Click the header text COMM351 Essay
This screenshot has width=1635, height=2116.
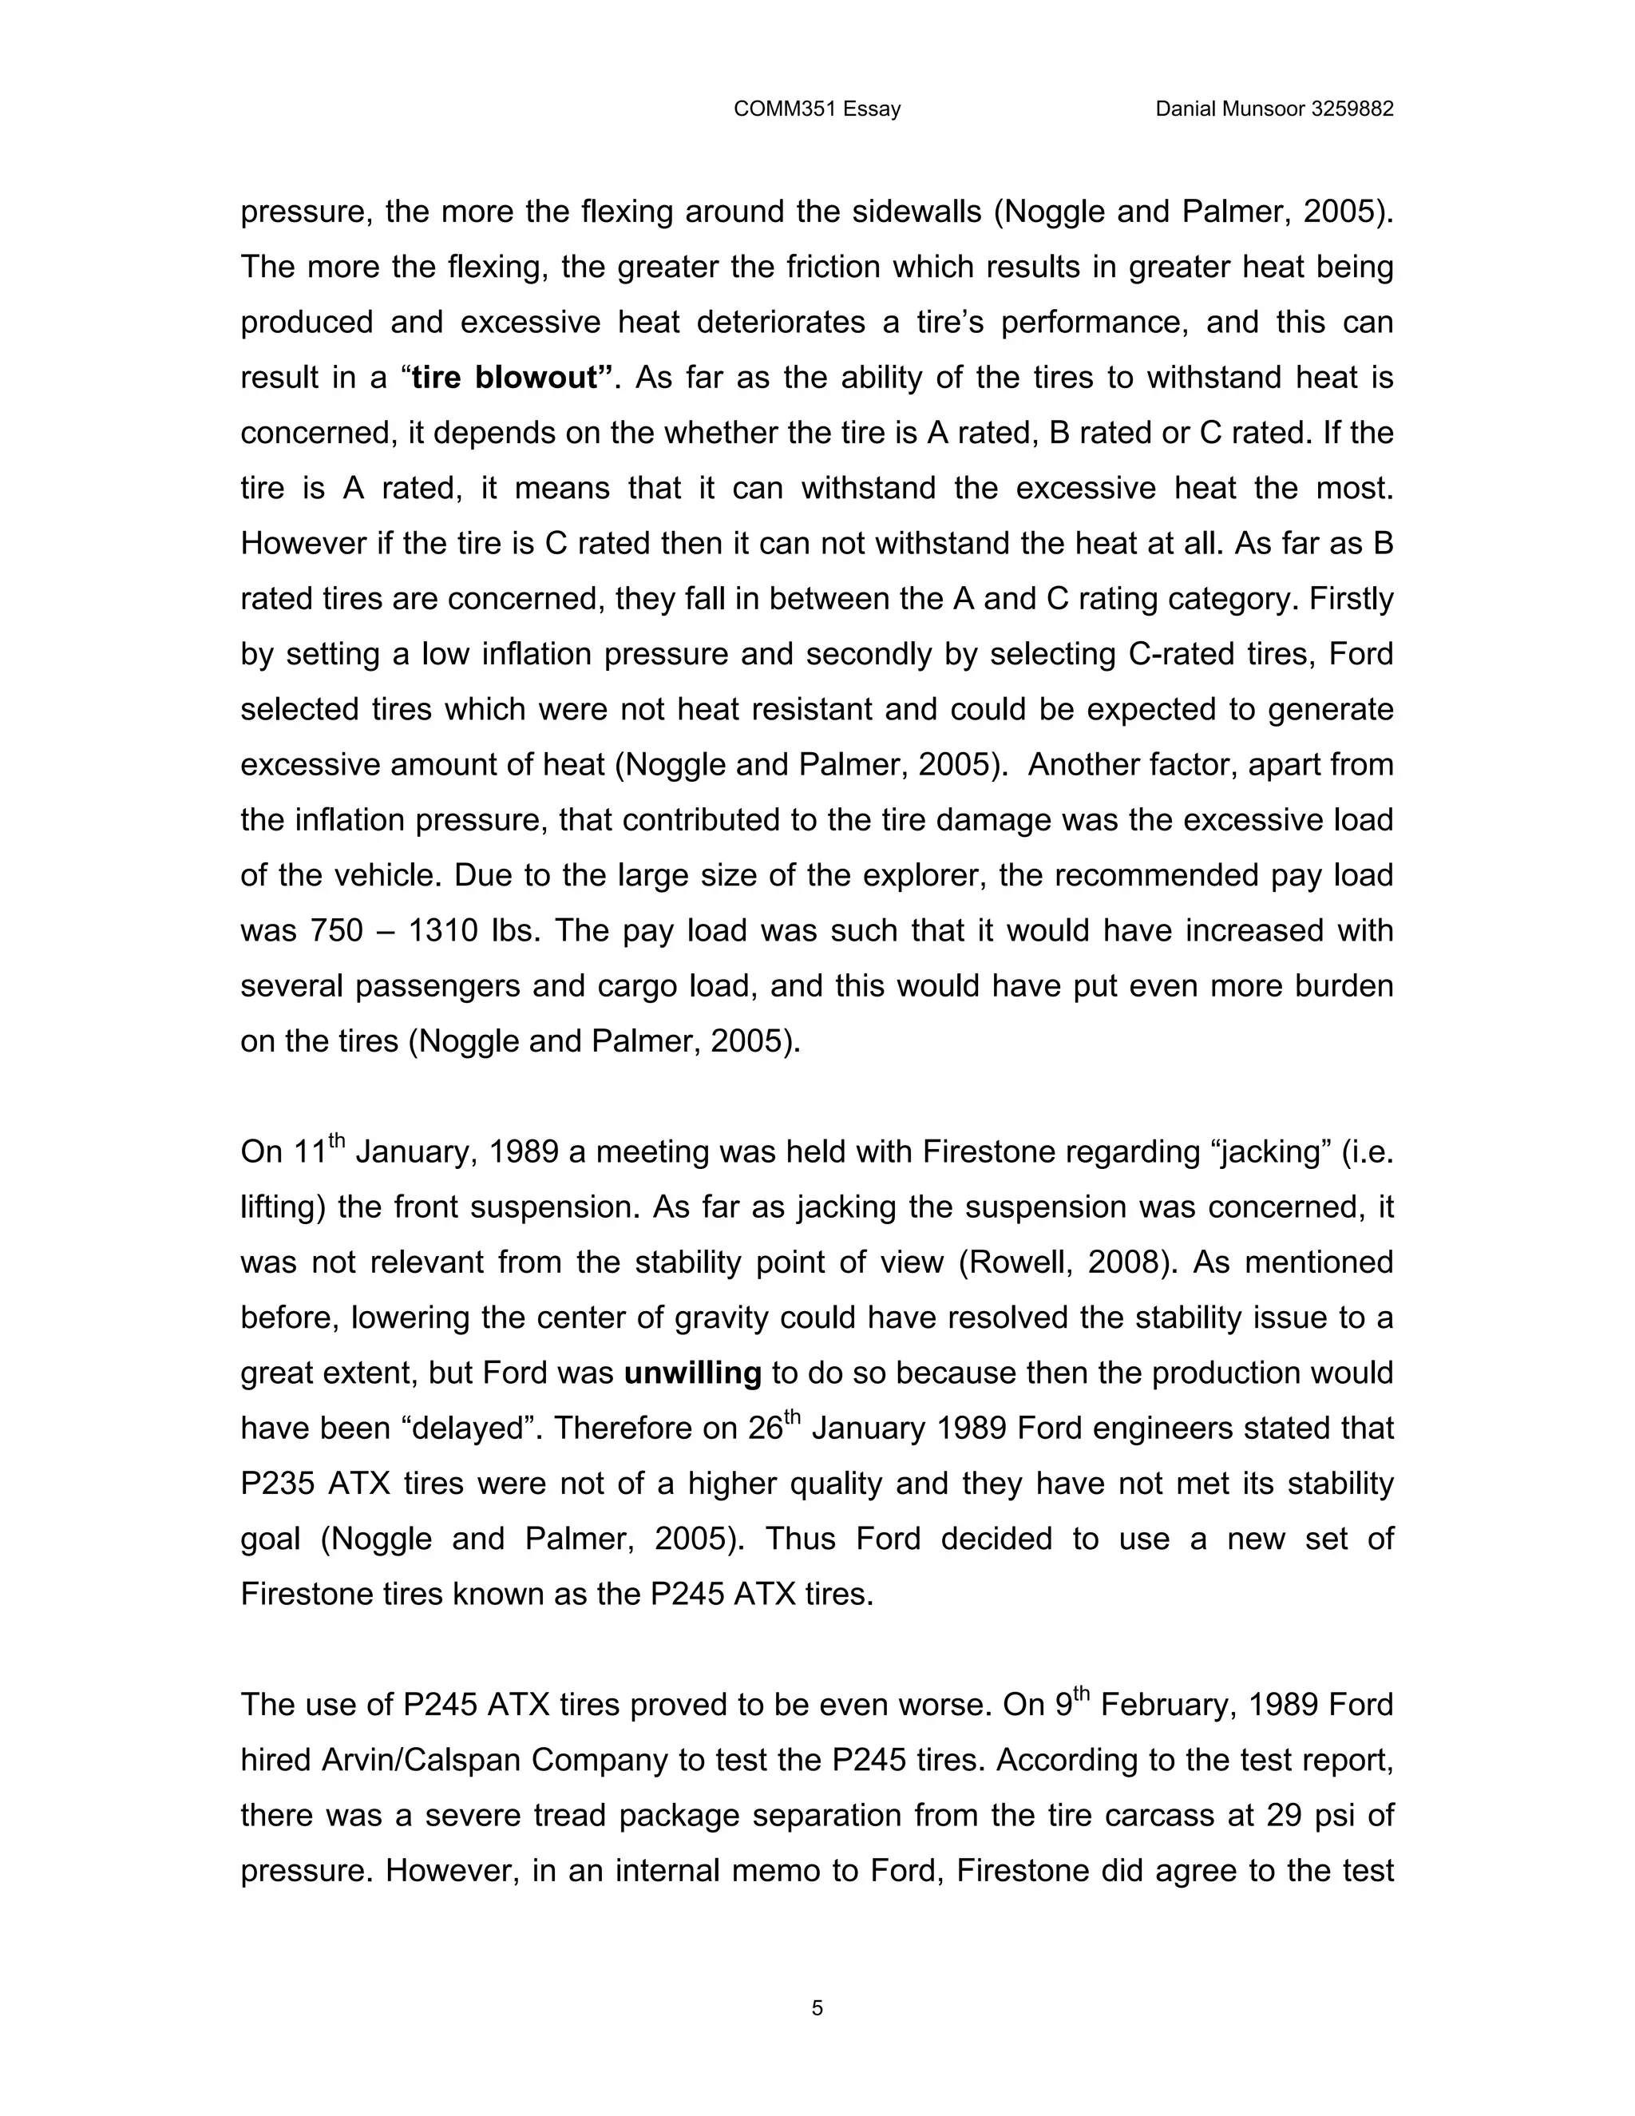(817, 109)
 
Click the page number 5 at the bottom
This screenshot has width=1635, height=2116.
(817, 2008)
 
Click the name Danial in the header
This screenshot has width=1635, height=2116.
(1186, 109)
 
